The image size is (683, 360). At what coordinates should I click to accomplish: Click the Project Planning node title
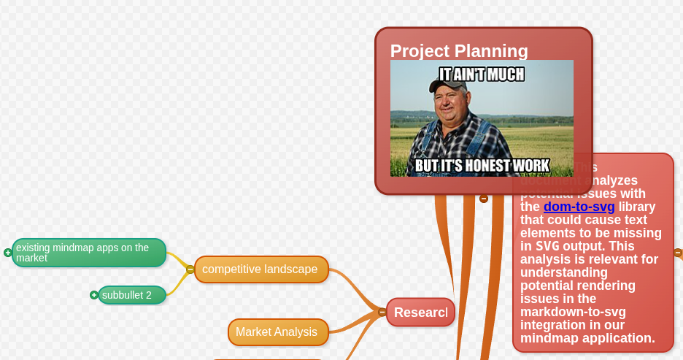point(459,50)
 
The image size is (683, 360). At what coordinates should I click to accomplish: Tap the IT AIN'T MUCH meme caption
point(481,74)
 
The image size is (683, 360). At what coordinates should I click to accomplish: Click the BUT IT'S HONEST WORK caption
point(482,166)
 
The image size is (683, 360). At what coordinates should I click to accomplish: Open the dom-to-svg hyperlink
point(579,207)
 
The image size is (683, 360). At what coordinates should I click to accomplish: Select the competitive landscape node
point(261,269)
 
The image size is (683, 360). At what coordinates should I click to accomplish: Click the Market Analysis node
point(277,332)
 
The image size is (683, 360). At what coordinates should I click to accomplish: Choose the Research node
point(420,313)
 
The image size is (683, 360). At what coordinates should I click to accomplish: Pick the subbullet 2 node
point(131,295)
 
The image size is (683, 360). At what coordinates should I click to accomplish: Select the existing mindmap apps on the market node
point(88,253)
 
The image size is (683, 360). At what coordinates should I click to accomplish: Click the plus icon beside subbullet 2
point(93,295)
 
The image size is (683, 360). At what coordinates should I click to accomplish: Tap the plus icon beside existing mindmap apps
point(8,253)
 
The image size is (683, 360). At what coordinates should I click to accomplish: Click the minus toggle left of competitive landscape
point(190,269)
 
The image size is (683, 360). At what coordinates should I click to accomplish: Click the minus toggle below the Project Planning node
point(483,198)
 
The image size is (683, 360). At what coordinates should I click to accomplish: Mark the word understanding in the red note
point(566,272)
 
